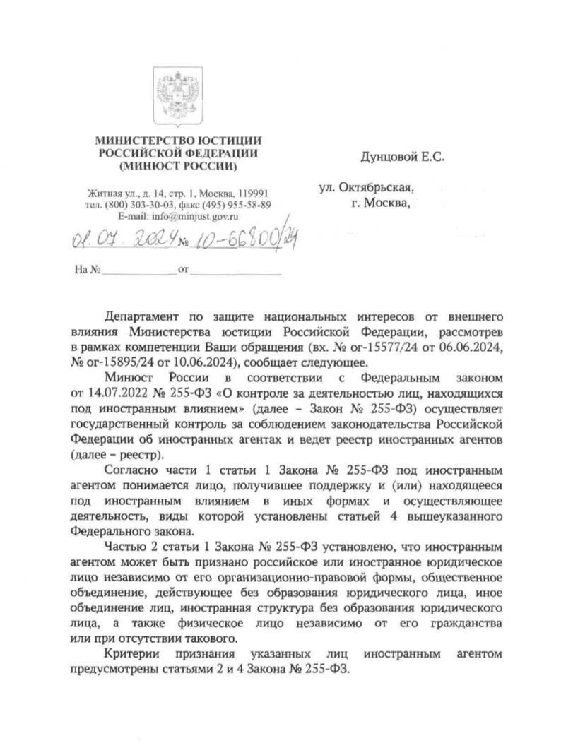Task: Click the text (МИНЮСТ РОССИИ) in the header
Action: tap(178, 167)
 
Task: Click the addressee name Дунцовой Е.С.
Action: tap(403, 156)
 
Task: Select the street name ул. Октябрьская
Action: tap(365, 189)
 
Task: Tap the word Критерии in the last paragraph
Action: tap(131, 654)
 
